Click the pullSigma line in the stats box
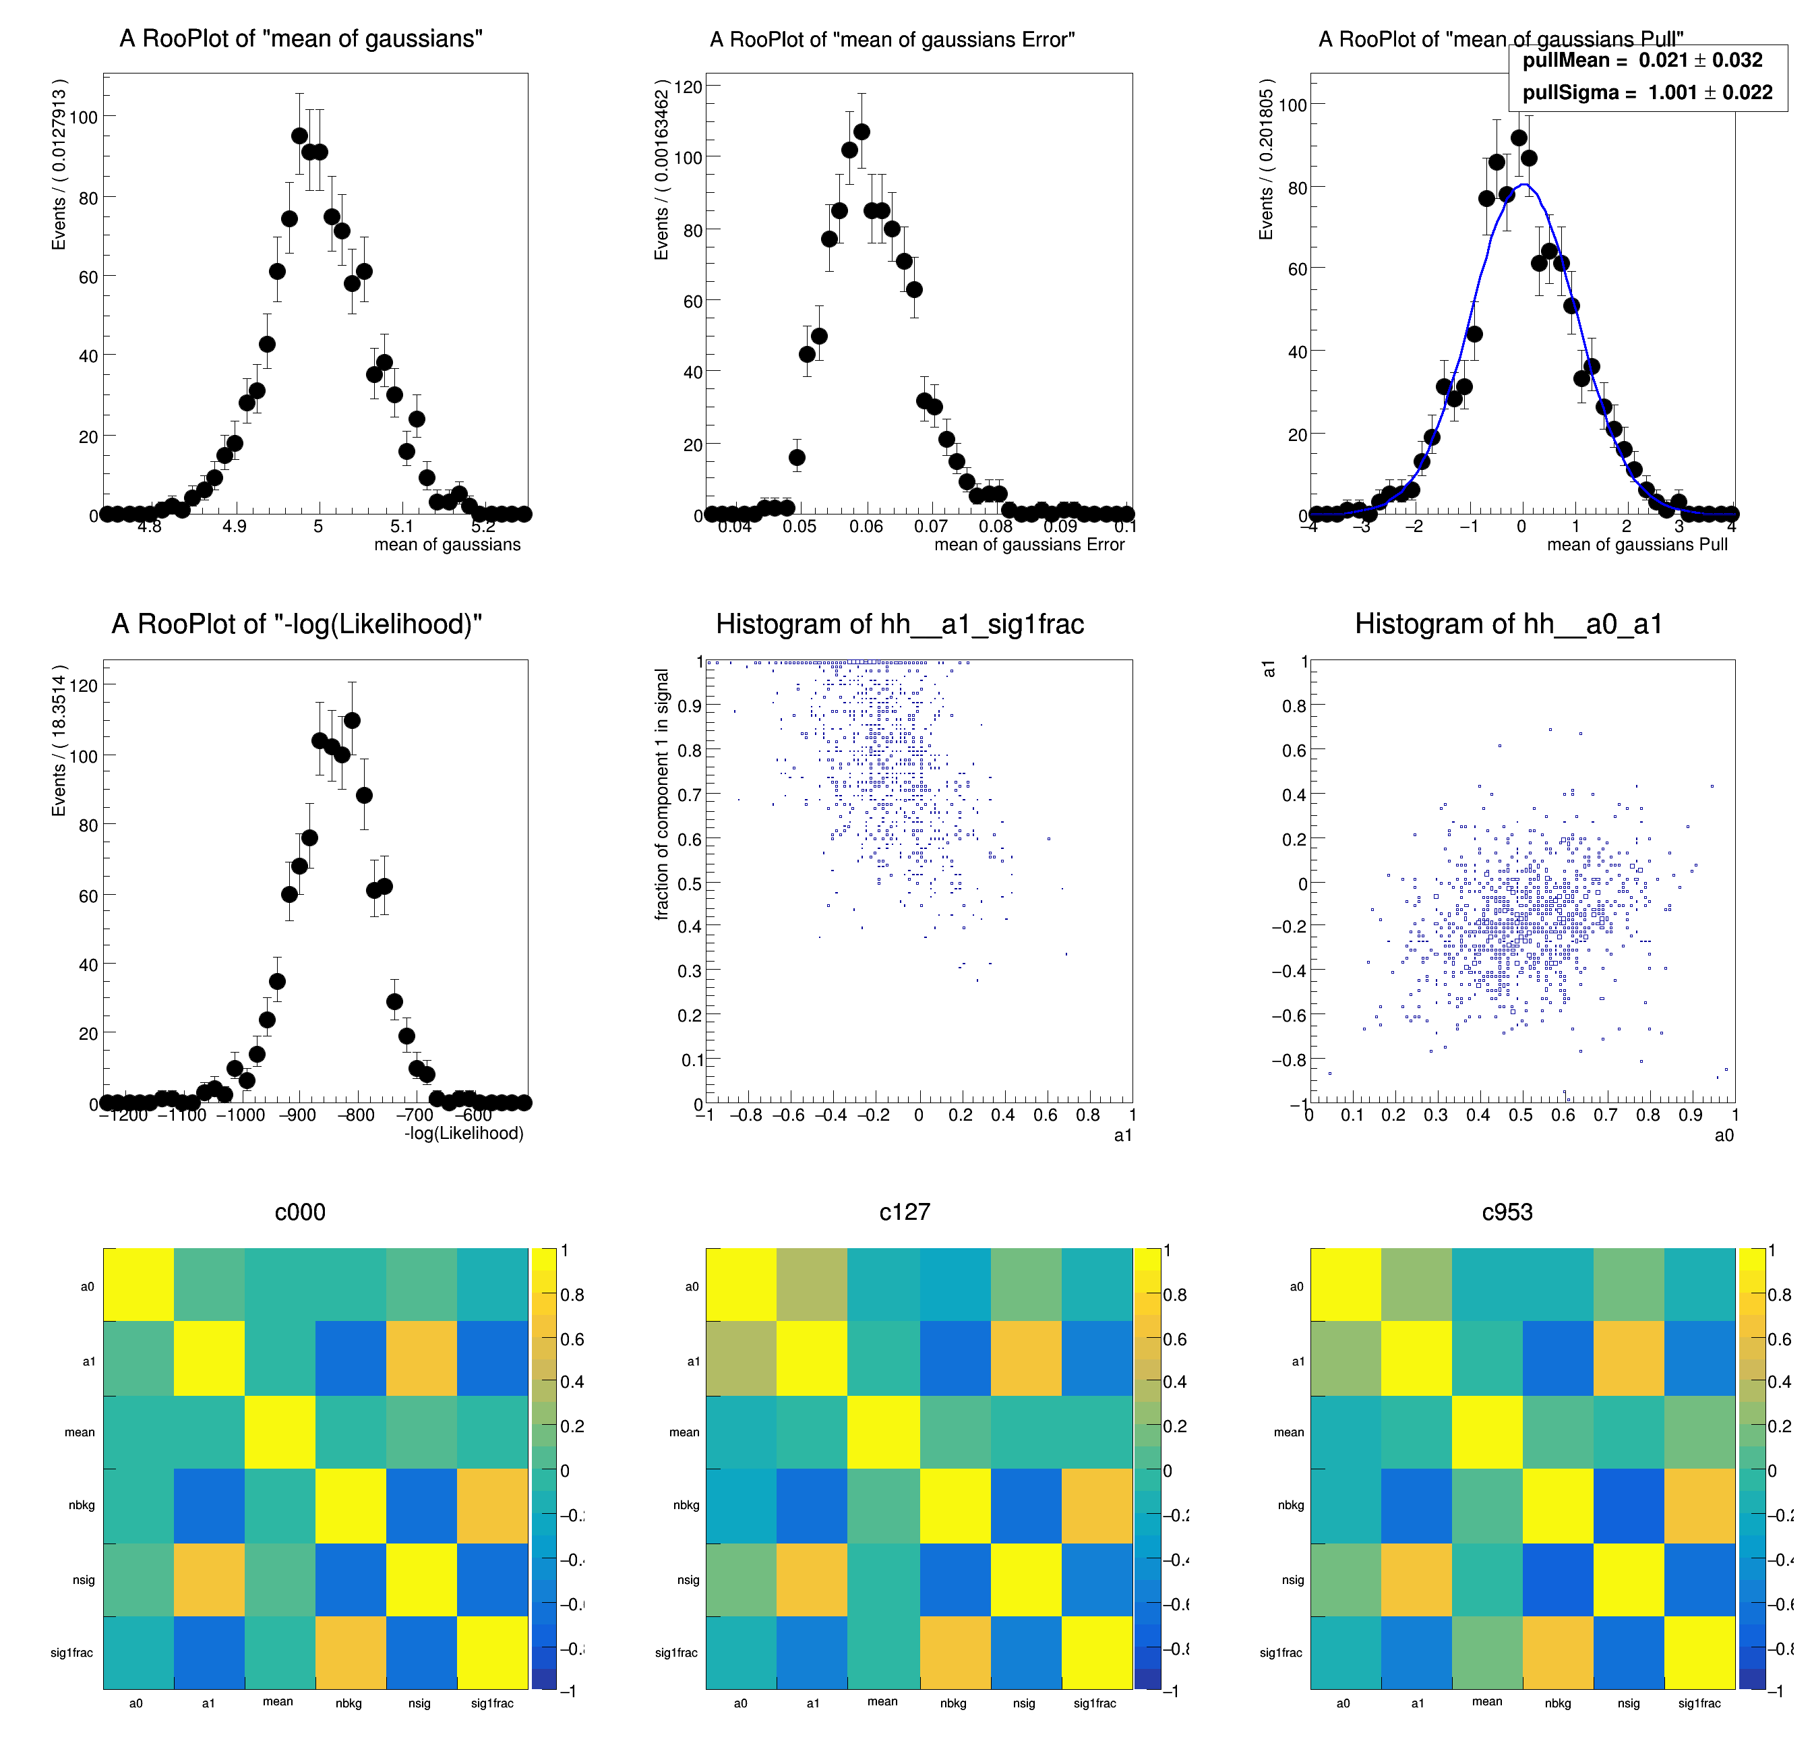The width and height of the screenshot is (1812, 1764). tap(1647, 92)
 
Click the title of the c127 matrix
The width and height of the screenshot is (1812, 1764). tap(904, 1212)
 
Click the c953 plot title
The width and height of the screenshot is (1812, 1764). tap(1507, 1212)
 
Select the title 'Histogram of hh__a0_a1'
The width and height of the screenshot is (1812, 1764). tap(1508, 624)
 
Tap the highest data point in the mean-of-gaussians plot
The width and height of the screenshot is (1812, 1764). tap(299, 136)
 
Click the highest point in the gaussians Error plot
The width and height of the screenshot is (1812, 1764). tap(862, 131)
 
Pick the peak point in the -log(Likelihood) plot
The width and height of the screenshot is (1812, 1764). tap(352, 720)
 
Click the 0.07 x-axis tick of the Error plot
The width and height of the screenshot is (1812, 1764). tap(930, 526)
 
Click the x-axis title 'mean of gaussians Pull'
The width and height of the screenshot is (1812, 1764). tap(1637, 545)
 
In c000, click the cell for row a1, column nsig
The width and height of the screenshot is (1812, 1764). tap(421, 1357)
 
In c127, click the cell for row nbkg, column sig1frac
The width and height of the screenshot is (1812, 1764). tap(1097, 1504)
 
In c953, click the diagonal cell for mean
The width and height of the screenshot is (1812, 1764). tap(1487, 1432)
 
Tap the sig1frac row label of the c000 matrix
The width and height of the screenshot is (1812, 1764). tap(71, 1652)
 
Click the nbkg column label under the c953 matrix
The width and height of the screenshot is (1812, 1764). tap(1557, 1703)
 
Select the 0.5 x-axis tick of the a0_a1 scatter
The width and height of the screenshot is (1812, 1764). tap(1520, 1115)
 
